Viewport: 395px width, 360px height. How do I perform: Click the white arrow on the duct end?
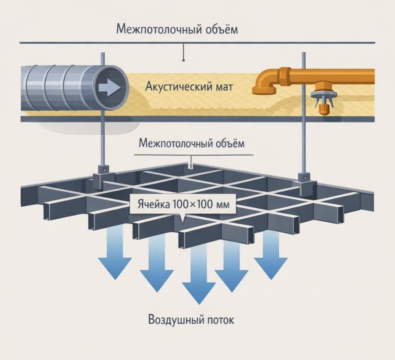pyautogui.click(x=110, y=87)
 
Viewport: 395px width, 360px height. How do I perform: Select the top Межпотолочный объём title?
pyautogui.click(x=177, y=29)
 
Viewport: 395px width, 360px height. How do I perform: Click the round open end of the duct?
pyautogui.click(x=110, y=87)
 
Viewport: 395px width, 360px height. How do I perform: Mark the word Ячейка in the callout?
pyautogui.click(x=150, y=205)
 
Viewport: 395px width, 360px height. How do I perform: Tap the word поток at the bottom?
pyautogui.click(x=220, y=320)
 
